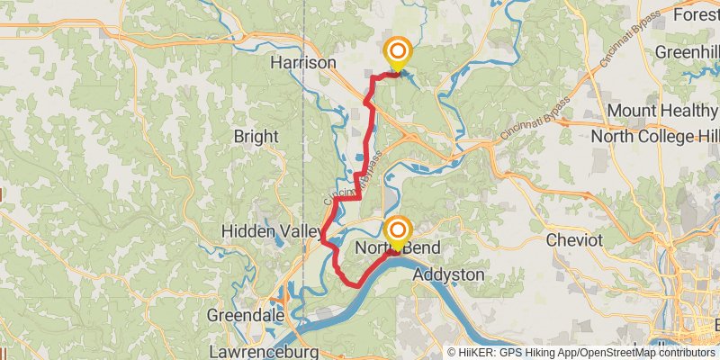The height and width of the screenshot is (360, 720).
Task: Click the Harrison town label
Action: point(303,63)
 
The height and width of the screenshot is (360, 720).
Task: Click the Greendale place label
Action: point(246,316)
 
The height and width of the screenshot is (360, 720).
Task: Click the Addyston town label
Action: point(448,274)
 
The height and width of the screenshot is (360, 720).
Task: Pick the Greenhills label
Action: point(687,52)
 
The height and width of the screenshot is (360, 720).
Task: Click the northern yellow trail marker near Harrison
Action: point(395,52)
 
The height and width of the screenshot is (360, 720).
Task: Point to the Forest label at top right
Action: point(697,15)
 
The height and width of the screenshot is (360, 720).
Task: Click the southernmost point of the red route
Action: point(357,285)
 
